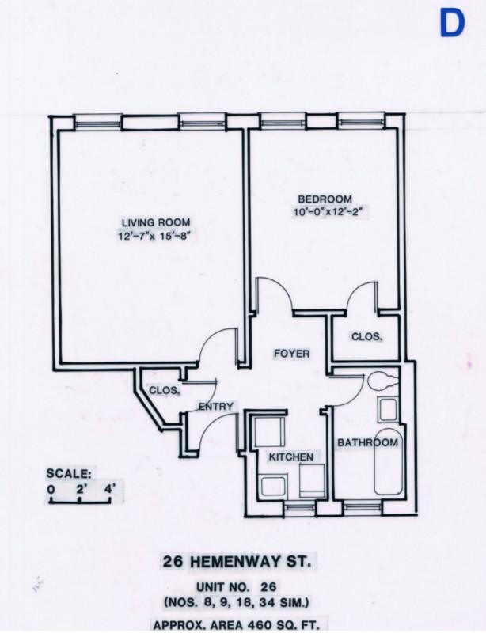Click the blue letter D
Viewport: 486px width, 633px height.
[x=452, y=25]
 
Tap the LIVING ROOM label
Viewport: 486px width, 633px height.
[x=155, y=222]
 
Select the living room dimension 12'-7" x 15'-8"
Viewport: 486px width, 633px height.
[x=155, y=236]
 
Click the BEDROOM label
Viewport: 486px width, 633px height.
[x=323, y=199]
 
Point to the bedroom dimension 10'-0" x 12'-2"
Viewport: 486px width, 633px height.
[x=331, y=212]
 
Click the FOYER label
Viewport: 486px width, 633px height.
[x=292, y=353]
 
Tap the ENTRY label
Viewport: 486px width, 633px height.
[x=215, y=407]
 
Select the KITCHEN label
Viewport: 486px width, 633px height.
[x=290, y=457]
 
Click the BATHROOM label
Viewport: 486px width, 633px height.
[x=368, y=443]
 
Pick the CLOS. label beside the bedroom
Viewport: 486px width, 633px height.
[x=366, y=336]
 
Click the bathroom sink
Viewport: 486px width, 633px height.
[x=388, y=410]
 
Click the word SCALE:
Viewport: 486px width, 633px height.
[x=69, y=474]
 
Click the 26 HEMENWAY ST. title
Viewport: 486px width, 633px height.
[x=243, y=563]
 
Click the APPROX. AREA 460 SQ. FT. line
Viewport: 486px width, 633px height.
[x=243, y=623]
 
